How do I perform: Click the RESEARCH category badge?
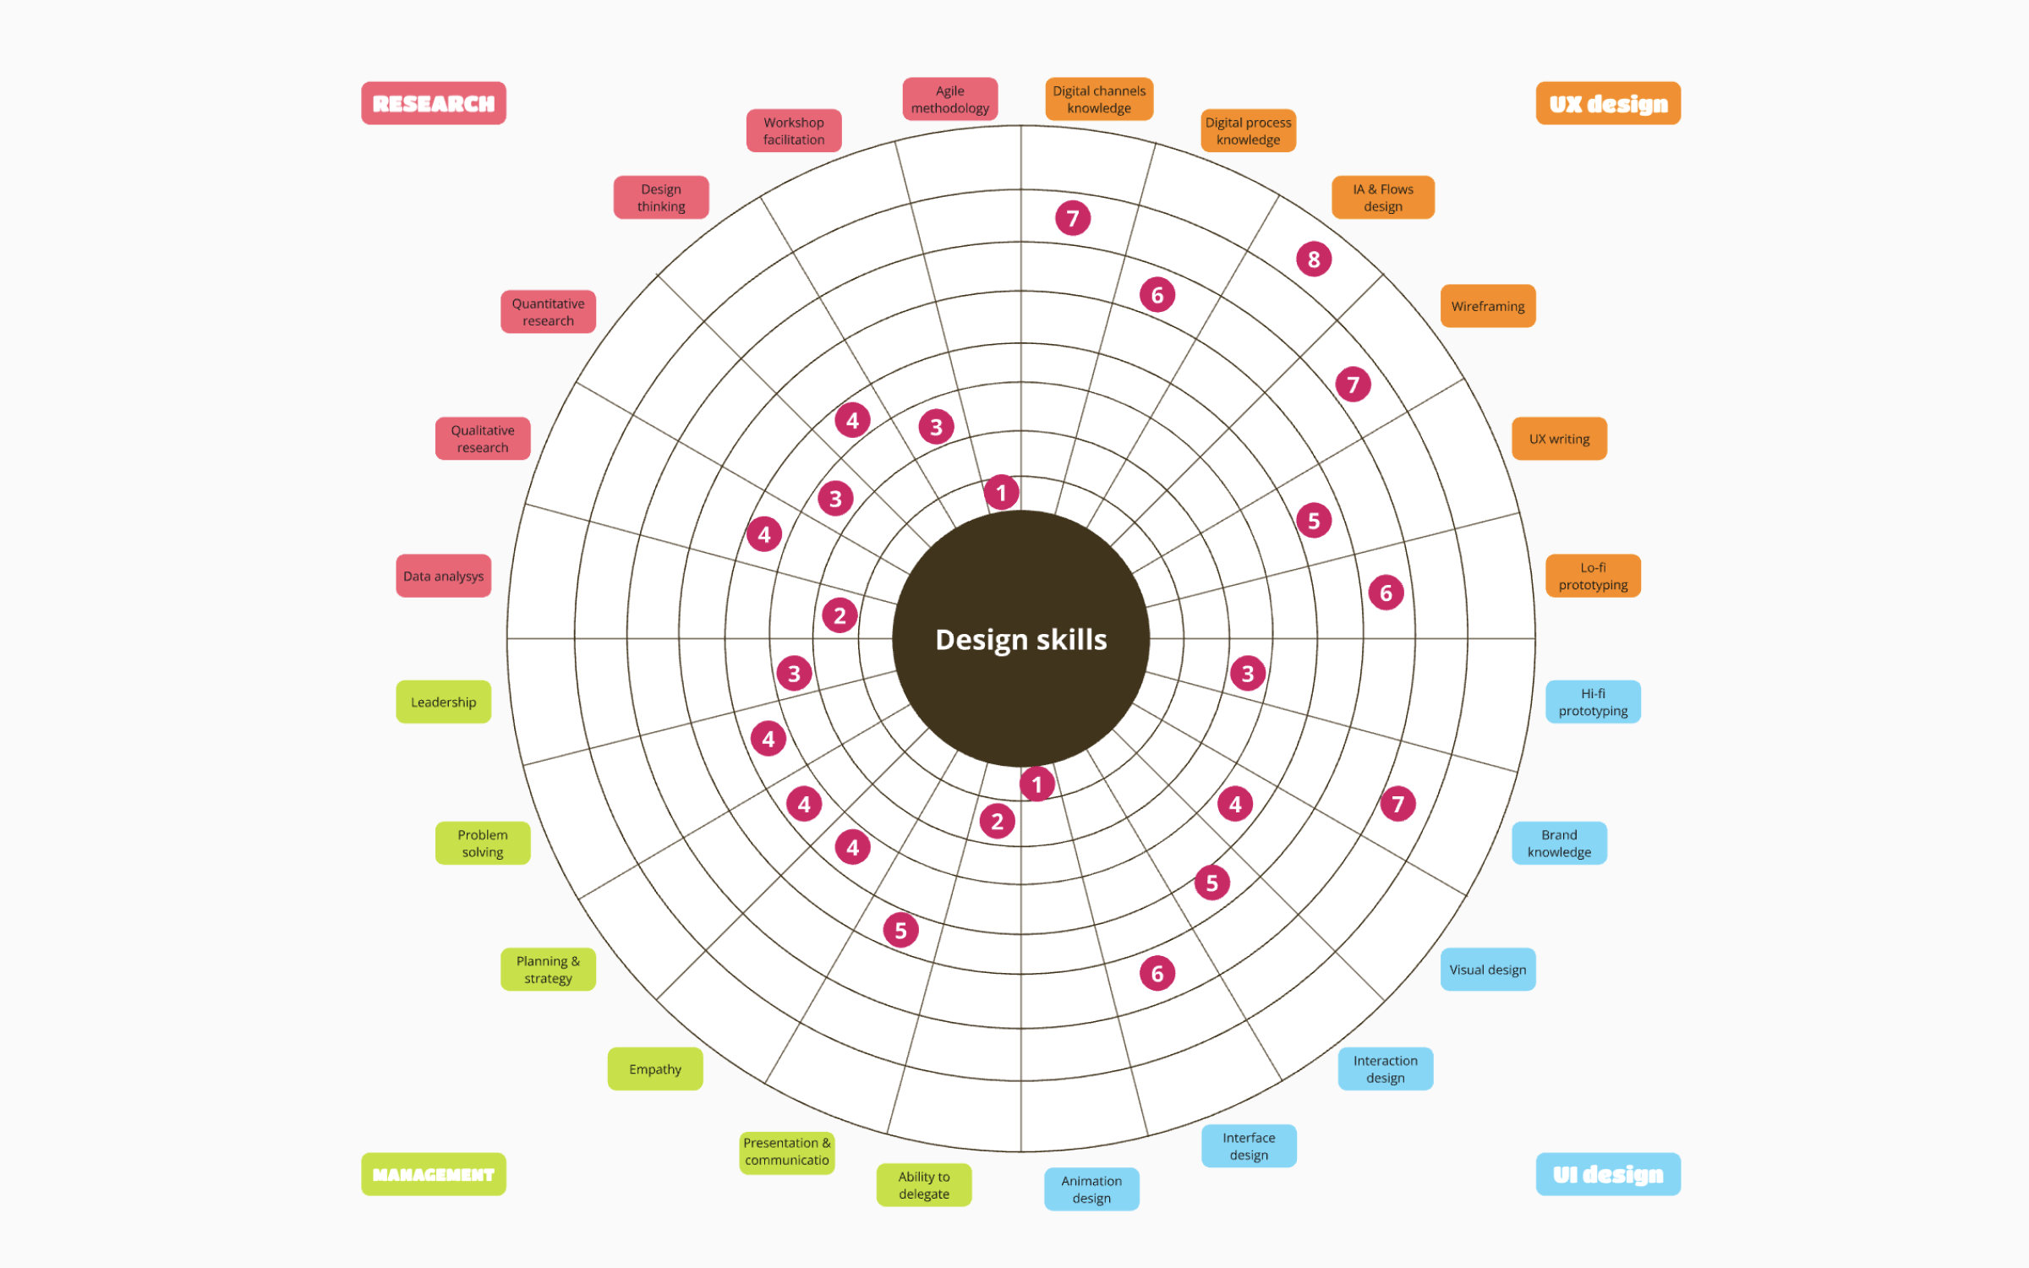coord(434,103)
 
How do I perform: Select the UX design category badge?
coord(1608,103)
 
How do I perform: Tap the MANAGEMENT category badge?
coord(434,1174)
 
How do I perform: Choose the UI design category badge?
coord(1608,1174)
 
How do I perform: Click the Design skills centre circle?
coord(1021,638)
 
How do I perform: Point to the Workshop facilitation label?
coord(794,130)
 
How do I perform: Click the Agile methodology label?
coord(950,99)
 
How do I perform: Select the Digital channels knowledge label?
coord(1099,99)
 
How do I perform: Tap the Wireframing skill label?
coord(1488,306)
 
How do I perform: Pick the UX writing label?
coord(1559,439)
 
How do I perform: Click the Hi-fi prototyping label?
coord(1593,702)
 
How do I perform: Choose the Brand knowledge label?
coord(1559,843)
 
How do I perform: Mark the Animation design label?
coord(1091,1189)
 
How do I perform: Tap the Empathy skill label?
coord(655,1069)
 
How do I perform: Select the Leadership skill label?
coord(444,702)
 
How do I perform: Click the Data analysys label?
coord(444,576)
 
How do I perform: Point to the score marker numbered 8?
coord(1314,260)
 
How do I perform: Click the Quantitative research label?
coord(548,312)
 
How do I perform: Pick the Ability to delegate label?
coord(924,1185)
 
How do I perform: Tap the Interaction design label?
coord(1386,1069)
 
